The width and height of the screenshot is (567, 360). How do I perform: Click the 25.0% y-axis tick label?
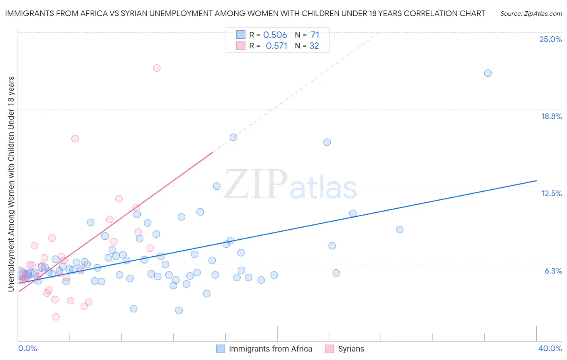tap(550, 40)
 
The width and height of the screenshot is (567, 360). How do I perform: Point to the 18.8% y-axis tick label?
tap(551, 117)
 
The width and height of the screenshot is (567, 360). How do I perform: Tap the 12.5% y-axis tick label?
tap(551, 194)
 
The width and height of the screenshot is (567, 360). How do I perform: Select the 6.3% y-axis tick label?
tap(553, 271)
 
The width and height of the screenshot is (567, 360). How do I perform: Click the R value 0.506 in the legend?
tap(275, 35)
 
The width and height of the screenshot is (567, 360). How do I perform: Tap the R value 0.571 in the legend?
tap(277, 46)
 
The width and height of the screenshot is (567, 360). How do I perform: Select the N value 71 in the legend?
tap(315, 35)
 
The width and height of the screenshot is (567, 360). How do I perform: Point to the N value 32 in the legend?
tap(314, 46)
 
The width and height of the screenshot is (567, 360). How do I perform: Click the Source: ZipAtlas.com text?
tap(531, 14)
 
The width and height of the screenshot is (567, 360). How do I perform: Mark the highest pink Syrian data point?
tap(157, 68)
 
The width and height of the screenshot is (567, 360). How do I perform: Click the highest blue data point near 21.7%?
tap(488, 73)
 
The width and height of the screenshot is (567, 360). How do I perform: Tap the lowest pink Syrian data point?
tap(56, 317)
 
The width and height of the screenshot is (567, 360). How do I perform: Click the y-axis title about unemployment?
tap(11, 184)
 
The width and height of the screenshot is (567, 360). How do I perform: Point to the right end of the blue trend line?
tap(536, 181)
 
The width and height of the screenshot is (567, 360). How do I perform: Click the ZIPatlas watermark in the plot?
tap(290, 185)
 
